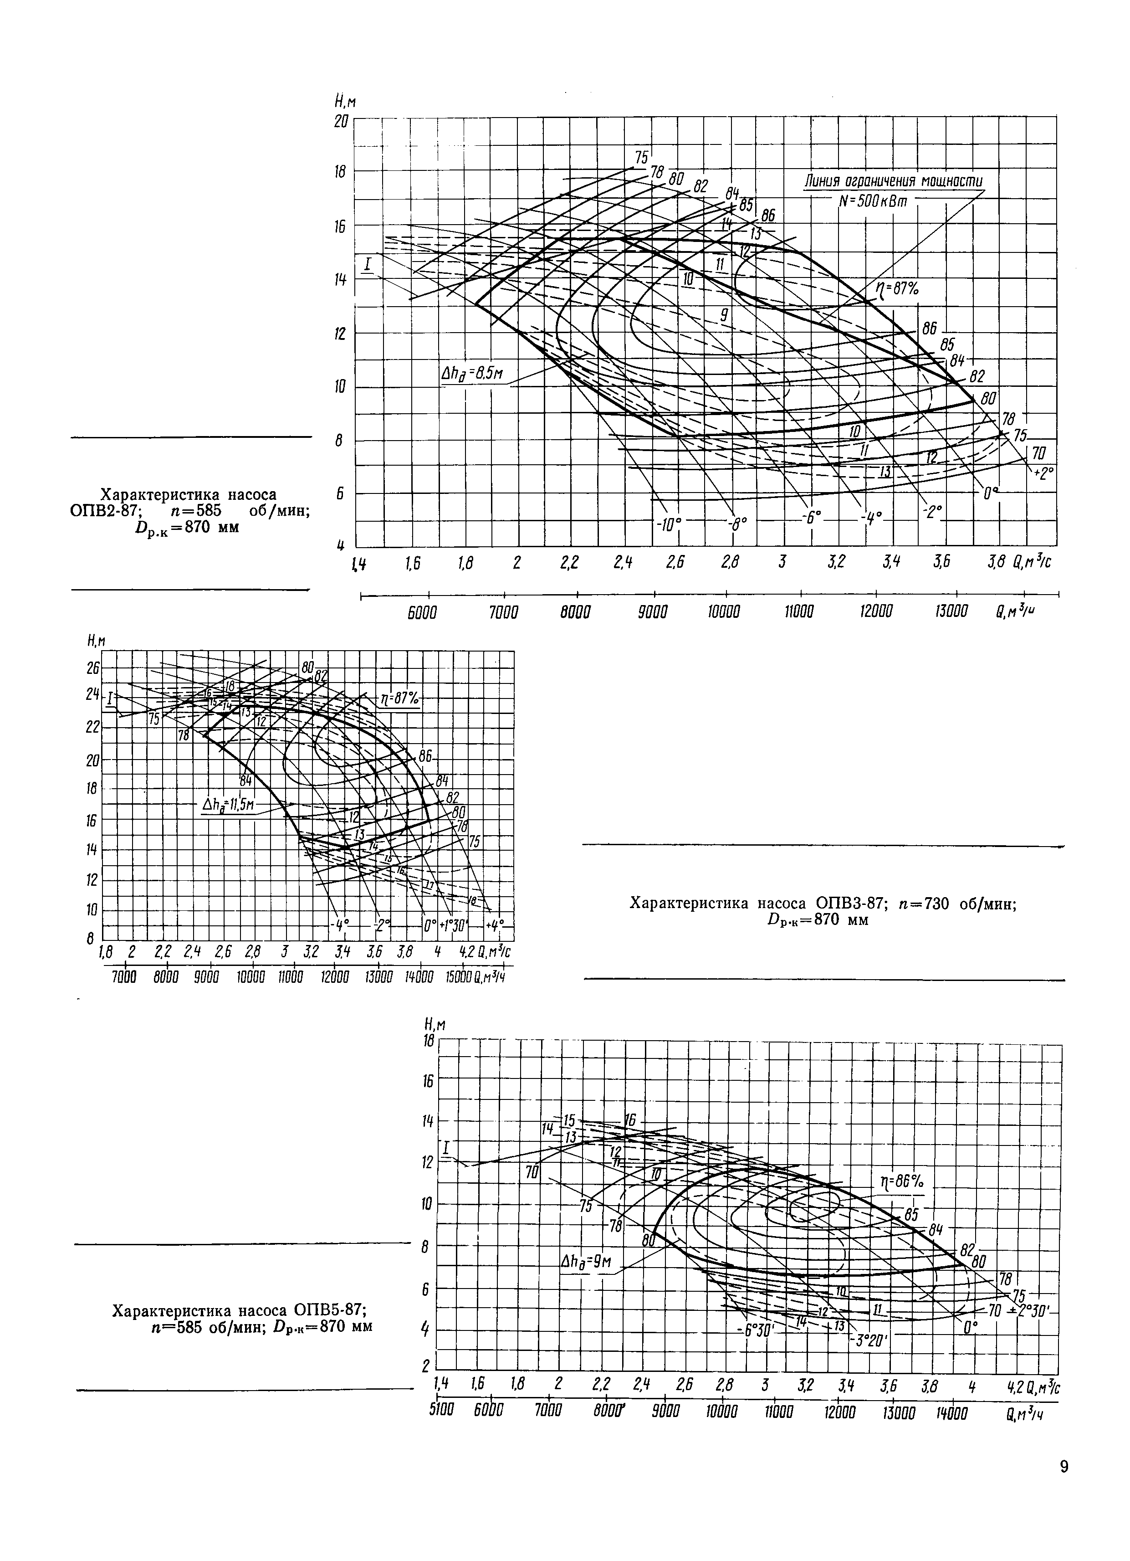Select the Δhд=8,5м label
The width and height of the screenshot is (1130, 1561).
coord(472,375)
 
